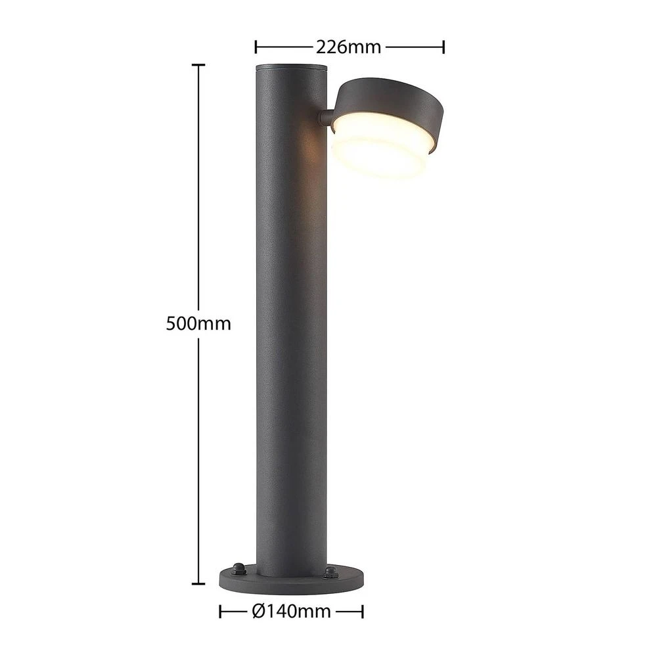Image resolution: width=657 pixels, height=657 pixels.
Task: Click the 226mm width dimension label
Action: pyautogui.click(x=349, y=47)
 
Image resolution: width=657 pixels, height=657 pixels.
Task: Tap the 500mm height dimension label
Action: pyautogui.click(x=198, y=324)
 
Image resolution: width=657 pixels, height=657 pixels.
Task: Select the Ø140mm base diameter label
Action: pyautogui.click(x=291, y=612)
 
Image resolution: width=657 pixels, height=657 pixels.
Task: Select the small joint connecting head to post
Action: pyautogui.click(x=325, y=118)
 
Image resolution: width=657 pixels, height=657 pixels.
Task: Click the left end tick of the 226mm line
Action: pyautogui.click(x=256, y=47)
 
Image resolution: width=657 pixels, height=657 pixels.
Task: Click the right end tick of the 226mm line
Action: pyautogui.click(x=445, y=47)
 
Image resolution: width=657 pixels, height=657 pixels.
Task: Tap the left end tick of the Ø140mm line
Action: pyautogui.click(x=219, y=612)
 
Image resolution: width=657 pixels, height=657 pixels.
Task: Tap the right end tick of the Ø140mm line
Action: pyautogui.click(x=363, y=612)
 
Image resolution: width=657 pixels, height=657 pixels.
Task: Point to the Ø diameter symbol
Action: pyautogui.click(x=258, y=612)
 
